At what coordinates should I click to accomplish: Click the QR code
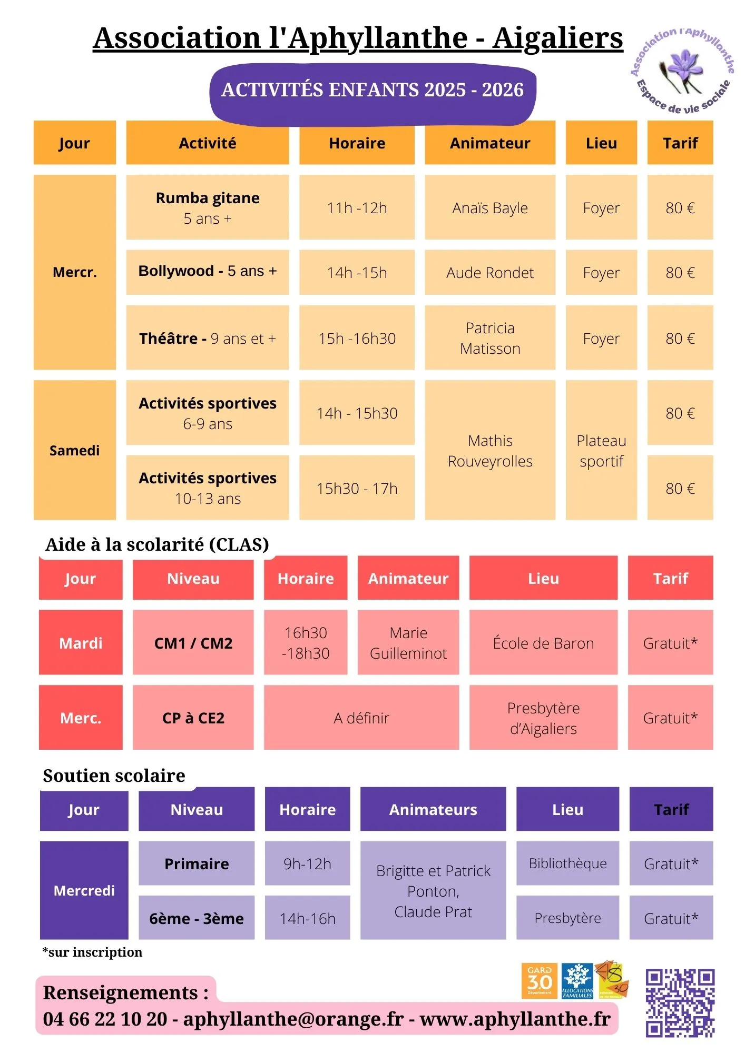[x=680, y=1002]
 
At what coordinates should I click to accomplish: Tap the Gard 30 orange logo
[x=540, y=981]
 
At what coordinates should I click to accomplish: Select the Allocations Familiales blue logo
[x=577, y=981]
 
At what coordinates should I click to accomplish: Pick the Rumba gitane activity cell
[x=208, y=207]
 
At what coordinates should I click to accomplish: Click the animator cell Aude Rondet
[x=490, y=273]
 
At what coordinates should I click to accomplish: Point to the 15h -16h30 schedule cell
[x=357, y=338]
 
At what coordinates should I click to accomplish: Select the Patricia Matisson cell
[x=490, y=338]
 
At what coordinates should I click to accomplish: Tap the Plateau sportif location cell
[x=601, y=451]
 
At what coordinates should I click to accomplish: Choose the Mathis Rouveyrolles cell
[x=490, y=451]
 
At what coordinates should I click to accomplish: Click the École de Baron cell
[x=543, y=643]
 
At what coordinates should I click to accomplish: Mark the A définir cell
[x=361, y=718]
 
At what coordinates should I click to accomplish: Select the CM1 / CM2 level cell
[x=193, y=643]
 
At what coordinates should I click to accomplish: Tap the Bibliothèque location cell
[x=567, y=863]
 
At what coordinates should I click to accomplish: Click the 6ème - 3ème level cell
[x=197, y=918]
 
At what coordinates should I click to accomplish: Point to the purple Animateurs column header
[x=433, y=809]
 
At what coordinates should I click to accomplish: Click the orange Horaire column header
[x=357, y=143]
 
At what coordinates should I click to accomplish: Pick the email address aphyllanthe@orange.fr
[x=293, y=1019]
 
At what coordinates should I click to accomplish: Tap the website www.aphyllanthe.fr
[x=515, y=1019]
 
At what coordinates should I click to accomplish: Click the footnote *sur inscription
[x=92, y=952]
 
